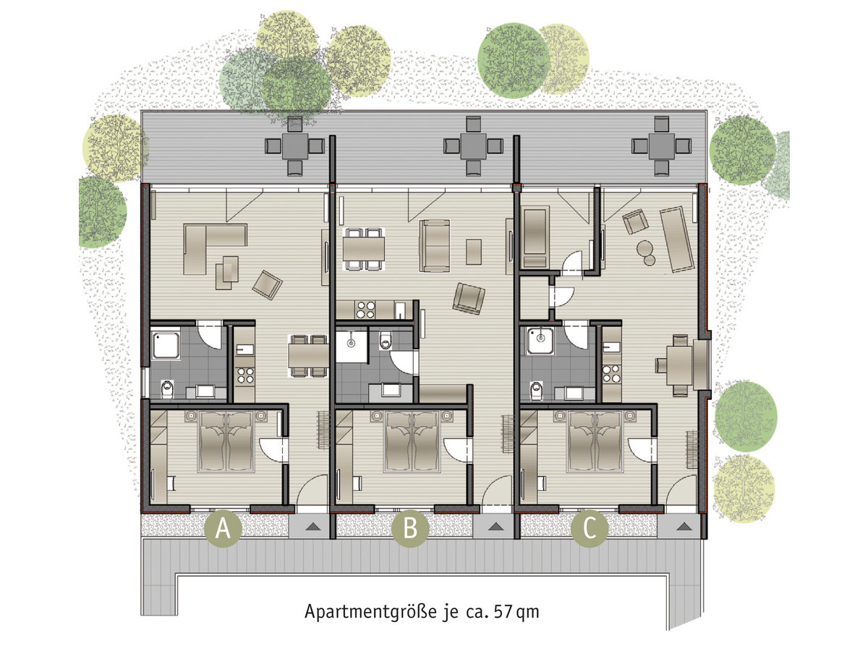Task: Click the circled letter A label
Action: pyautogui.click(x=223, y=528)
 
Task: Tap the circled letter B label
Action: pyautogui.click(x=410, y=528)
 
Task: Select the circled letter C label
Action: pyautogui.click(x=590, y=528)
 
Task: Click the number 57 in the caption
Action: pyautogui.click(x=503, y=611)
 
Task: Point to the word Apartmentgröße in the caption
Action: pyautogui.click(x=371, y=612)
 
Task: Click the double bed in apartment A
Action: pyautogui.click(x=226, y=441)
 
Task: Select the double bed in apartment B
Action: pyautogui.click(x=412, y=441)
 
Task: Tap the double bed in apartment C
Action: pyautogui.click(x=595, y=441)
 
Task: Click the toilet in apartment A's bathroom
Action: pyautogui.click(x=167, y=389)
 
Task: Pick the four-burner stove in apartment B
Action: pyautogui.click(x=365, y=310)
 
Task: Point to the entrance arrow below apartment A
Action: pyautogui.click(x=312, y=526)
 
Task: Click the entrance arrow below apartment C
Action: pyautogui.click(x=684, y=526)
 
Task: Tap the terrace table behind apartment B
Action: pyautogui.click(x=473, y=146)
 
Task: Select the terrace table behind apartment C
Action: pyautogui.click(x=661, y=146)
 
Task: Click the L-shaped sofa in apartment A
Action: pyautogui.click(x=211, y=244)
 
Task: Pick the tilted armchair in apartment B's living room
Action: pyautogui.click(x=469, y=298)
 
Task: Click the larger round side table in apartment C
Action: pyautogui.click(x=644, y=248)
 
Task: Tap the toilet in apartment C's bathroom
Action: pyautogui.click(x=537, y=390)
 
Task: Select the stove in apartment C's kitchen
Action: pyautogui.click(x=611, y=373)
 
